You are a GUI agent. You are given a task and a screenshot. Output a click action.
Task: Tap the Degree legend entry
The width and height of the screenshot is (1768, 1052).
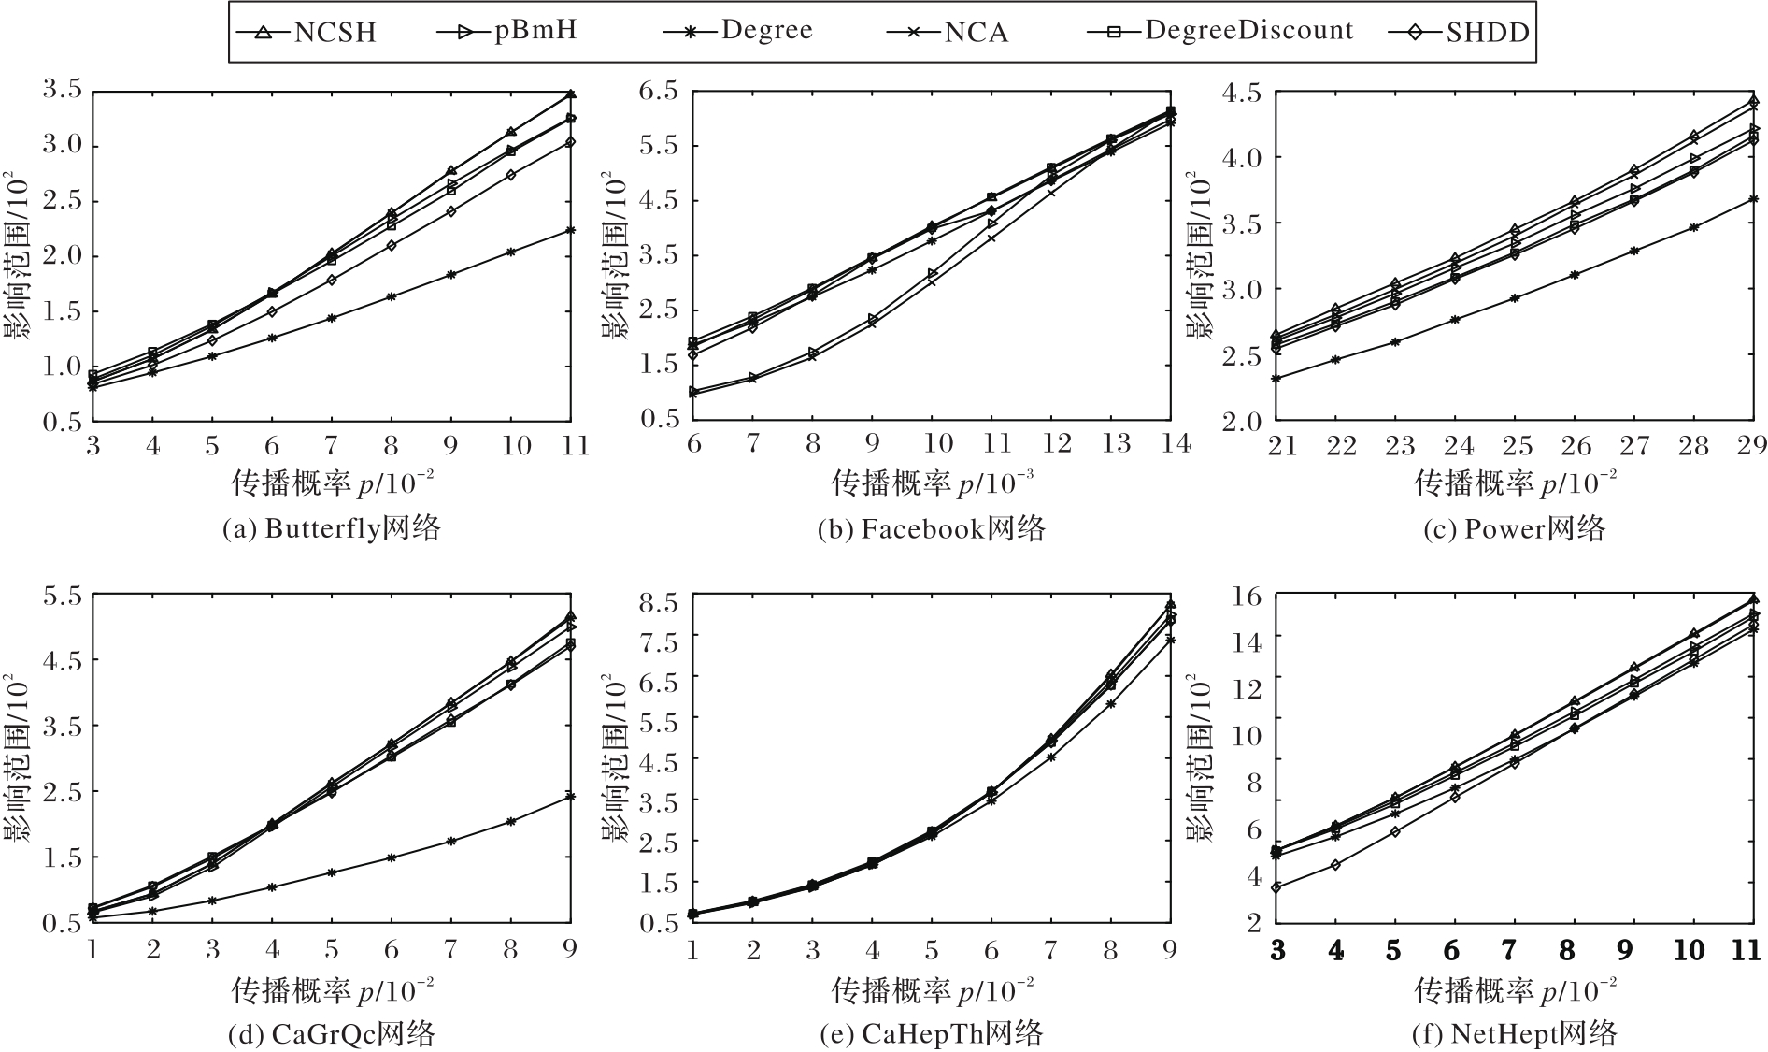738,30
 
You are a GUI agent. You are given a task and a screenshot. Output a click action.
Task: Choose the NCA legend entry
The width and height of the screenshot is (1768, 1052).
948,32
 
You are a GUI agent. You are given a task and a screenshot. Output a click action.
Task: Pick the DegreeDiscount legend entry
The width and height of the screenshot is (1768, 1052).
1220,30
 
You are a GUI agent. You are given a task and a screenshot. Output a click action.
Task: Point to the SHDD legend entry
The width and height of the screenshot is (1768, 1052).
1459,32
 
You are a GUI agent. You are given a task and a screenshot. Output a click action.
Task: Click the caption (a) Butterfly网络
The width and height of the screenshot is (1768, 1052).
332,529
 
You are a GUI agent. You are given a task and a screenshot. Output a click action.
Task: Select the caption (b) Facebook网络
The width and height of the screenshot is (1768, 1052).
932,529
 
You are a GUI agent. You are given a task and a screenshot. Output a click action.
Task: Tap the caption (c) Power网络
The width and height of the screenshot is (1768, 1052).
1514,529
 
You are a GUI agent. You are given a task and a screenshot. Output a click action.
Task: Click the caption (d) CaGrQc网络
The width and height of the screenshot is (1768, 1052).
332,1034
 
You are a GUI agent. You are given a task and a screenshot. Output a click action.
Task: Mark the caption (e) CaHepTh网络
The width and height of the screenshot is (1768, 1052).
932,1034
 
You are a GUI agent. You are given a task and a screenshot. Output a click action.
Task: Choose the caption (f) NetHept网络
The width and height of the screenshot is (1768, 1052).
1514,1034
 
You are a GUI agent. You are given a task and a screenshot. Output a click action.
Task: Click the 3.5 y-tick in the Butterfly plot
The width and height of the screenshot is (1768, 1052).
62,91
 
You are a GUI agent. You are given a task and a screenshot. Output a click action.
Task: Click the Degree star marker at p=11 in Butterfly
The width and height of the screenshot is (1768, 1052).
571,230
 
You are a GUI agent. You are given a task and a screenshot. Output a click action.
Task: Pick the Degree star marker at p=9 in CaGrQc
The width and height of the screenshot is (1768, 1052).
571,796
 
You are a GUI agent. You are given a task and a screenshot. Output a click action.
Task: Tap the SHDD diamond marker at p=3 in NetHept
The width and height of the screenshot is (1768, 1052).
1276,887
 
